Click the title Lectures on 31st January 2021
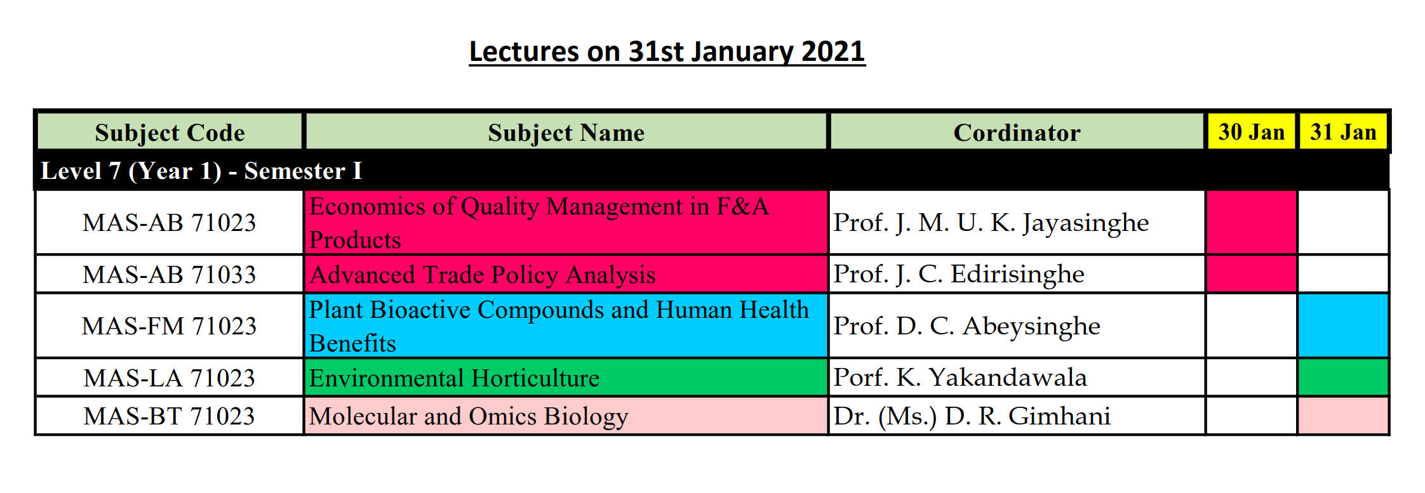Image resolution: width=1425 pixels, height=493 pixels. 667,51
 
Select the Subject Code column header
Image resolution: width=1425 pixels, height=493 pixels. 170,132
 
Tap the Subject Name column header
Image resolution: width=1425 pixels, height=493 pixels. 566,132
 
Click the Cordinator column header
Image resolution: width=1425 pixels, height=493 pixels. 1017,132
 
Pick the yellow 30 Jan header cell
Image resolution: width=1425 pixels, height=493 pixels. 1251,131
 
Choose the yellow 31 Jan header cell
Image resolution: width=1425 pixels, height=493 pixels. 1343,131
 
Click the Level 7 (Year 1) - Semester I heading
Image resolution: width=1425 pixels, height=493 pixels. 201,171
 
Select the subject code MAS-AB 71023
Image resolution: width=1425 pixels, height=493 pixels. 170,223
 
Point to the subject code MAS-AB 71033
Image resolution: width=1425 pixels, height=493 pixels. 170,275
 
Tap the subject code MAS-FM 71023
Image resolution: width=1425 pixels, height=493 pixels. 170,326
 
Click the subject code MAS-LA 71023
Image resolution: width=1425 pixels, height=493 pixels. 170,378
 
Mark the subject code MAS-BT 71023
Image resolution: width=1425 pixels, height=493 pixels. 170,416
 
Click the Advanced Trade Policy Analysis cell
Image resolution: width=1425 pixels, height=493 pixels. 566,274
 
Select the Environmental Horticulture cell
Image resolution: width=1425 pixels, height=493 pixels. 566,378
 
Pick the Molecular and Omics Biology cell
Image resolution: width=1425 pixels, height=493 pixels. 566,416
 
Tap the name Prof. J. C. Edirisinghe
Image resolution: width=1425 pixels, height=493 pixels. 959,274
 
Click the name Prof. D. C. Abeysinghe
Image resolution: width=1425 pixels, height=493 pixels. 967,326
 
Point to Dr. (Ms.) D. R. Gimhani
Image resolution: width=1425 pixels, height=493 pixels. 972,416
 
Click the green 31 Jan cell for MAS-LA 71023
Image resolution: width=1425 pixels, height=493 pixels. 1343,378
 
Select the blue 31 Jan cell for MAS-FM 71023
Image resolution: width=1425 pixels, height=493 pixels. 1343,325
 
